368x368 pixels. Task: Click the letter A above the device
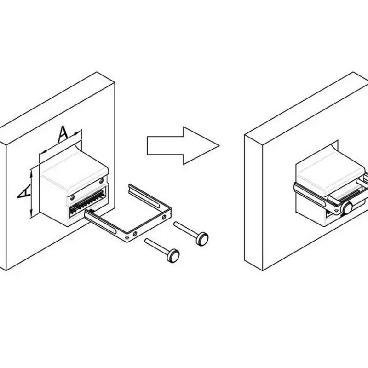tap(63, 134)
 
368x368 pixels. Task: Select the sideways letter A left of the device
tap(24, 191)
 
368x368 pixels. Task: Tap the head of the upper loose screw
tap(202, 239)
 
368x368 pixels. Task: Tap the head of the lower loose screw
tap(173, 256)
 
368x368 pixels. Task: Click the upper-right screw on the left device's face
tap(101, 181)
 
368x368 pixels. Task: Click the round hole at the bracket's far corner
tap(164, 217)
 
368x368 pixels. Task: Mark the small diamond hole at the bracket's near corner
tap(127, 237)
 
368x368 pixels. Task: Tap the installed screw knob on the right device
tap(347, 208)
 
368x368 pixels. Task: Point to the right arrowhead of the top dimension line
tap(77, 133)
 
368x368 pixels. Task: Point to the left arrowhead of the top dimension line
tap(44, 152)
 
